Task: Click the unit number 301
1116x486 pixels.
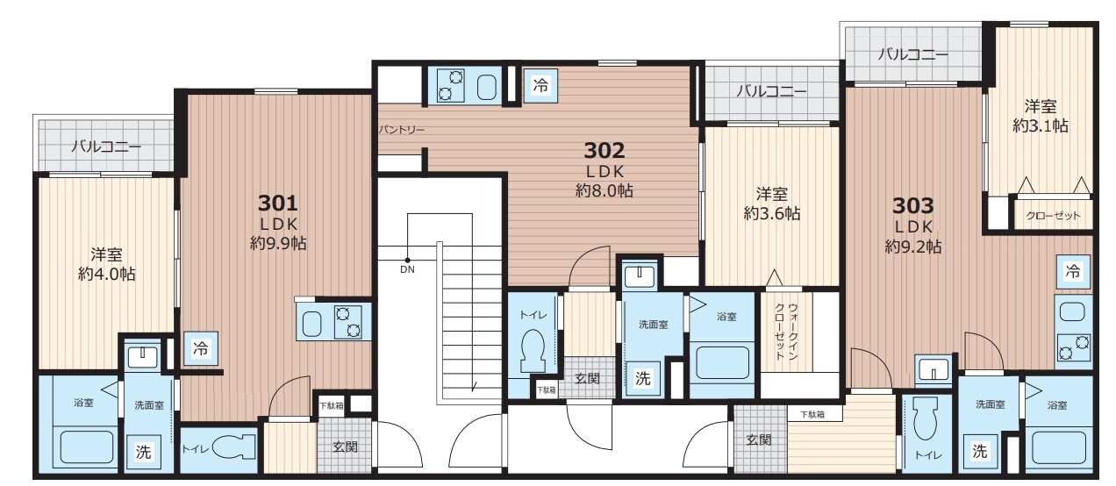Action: pos(278,203)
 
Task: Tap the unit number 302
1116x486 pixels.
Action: pos(604,149)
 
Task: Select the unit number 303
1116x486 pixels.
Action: pos(913,206)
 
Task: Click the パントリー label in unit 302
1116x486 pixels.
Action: pos(402,130)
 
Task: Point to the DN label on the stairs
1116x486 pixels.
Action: pos(407,269)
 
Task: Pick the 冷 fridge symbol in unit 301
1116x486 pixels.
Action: pos(201,348)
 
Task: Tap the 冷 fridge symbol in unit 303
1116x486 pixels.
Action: pos(1072,272)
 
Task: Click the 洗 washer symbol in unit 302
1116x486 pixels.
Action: pos(643,379)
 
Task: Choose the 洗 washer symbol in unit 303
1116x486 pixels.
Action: pos(979,452)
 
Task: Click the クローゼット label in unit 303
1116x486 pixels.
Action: pos(1053,216)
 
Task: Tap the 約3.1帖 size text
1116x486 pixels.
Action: pos(1041,125)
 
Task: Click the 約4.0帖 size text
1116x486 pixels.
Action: pos(106,274)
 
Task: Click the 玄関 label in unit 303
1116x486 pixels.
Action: pos(758,440)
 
